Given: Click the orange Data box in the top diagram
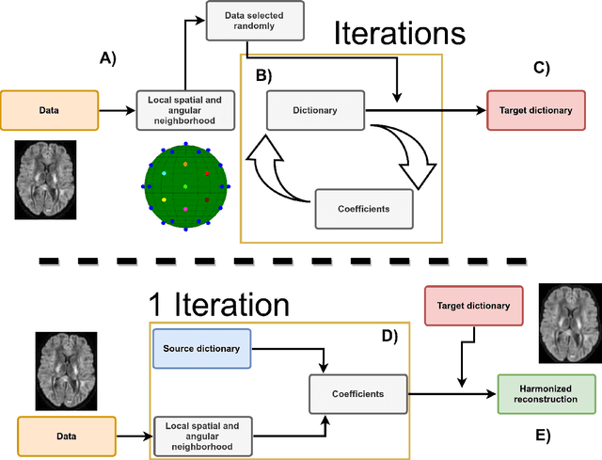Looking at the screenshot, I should tap(48, 109).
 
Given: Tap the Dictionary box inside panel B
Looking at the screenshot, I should tap(315, 110).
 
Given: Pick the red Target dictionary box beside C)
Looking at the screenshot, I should tap(536, 109).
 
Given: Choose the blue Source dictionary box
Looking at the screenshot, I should tap(201, 348).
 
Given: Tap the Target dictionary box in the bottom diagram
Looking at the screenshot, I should tap(474, 305).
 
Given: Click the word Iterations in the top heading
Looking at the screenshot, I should tap(400, 34).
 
